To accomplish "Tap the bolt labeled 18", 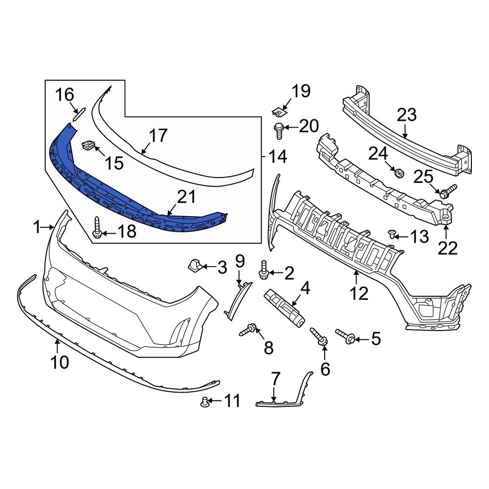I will tap(96, 228).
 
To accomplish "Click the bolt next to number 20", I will tap(278, 131).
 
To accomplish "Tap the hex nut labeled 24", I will tap(398, 172).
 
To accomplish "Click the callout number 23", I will tap(406, 115).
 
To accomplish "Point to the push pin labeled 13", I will tap(392, 233).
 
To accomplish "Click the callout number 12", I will tap(359, 293).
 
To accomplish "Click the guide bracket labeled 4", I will tap(285, 307).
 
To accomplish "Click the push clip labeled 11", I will tap(205, 402).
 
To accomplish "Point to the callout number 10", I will tap(58, 362).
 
